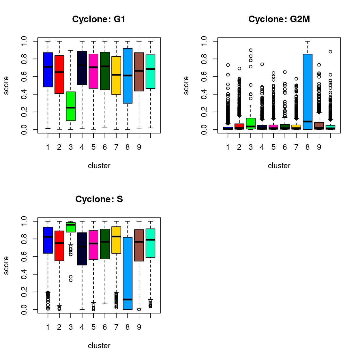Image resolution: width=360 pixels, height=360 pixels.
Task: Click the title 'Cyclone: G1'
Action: point(99,19)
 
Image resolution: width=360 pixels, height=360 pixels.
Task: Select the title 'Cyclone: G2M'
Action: point(279,19)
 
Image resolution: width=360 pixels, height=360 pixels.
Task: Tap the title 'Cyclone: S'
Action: point(99,199)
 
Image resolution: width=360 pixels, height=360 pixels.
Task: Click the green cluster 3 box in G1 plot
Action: point(71,106)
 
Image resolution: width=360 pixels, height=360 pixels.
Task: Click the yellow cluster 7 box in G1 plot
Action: point(116,84)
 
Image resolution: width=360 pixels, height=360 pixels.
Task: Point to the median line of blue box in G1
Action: point(48,67)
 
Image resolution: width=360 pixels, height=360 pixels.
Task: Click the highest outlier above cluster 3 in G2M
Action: point(251,50)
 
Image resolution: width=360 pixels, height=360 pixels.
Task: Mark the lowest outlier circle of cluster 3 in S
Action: point(71,280)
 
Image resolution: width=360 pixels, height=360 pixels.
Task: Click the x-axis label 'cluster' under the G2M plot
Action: point(279,166)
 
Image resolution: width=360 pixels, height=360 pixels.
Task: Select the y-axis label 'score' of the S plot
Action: point(6,265)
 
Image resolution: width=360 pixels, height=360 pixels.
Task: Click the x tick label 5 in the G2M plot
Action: point(273,147)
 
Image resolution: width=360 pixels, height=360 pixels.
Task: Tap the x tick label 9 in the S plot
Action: point(139,327)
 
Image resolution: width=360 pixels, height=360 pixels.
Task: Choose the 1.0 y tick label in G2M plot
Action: point(204,41)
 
